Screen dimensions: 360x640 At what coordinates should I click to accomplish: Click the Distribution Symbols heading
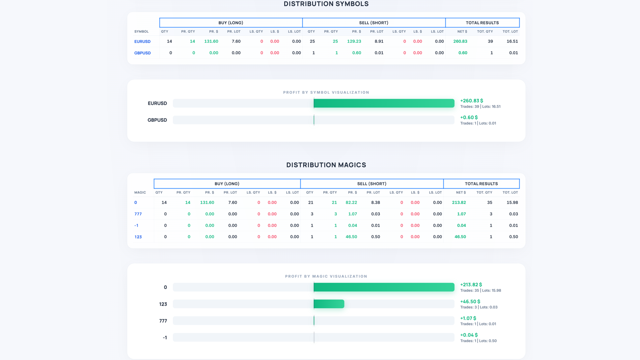(326, 4)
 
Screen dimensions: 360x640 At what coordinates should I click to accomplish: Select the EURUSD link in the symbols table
(142, 42)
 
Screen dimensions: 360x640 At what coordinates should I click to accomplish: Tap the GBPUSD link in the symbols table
(142, 53)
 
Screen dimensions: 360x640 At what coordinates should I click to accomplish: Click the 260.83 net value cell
(460, 41)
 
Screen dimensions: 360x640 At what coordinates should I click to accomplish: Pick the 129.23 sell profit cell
(354, 41)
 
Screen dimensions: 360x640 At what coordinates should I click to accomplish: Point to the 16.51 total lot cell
(512, 41)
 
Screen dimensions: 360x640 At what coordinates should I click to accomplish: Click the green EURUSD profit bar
(384, 103)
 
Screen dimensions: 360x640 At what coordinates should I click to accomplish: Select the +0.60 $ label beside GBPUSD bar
(469, 117)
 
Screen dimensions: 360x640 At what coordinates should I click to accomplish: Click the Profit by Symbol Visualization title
(326, 92)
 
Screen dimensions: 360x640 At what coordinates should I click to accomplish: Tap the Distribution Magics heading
(326, 165)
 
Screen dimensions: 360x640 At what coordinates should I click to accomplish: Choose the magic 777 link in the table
(138, 214)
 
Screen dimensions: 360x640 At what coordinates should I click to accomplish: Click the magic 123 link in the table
(138, 237)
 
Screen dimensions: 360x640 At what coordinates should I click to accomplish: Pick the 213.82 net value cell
(459, 202)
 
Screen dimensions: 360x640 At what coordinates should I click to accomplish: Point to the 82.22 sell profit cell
(351, 202)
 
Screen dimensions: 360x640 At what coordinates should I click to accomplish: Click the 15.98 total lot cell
(512, 202)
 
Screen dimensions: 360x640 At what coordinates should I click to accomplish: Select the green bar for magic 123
(329, 304)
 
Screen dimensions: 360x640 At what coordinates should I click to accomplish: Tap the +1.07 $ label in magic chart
(468, 318)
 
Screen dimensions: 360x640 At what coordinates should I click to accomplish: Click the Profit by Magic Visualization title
(326, 276)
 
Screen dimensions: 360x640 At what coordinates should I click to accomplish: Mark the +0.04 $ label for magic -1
(469, 335)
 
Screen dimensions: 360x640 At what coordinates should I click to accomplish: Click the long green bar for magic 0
(384, 287)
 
